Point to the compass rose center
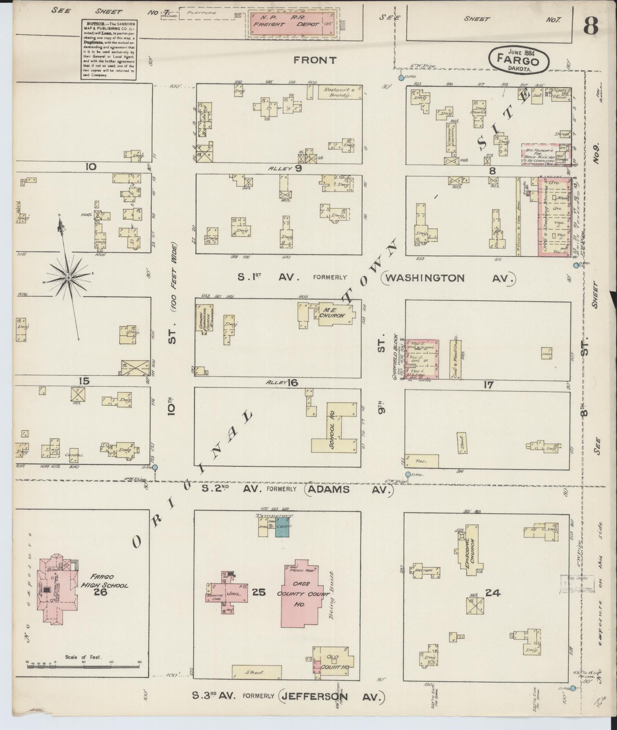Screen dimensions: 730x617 (x=69, y=278)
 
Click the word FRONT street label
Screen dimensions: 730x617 (x=315, y=60)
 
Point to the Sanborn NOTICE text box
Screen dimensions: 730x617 (x=108, y=49)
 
